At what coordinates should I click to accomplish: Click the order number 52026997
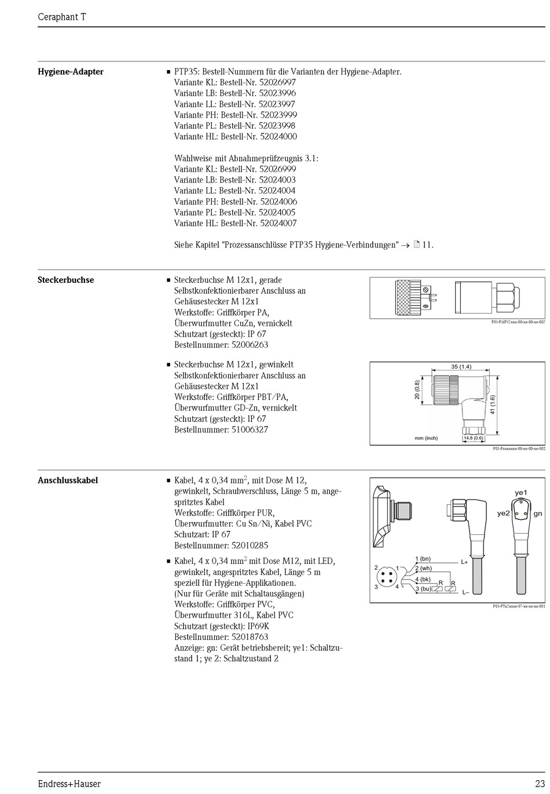tap(277, 82)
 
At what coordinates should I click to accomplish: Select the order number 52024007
tap(278, 223)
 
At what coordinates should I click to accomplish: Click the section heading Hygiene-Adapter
tap(71, 72)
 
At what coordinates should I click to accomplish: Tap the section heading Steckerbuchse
tap(66, 280)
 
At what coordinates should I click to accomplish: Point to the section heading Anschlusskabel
tap(68, 480)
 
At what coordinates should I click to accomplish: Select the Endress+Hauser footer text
tap(69, 784)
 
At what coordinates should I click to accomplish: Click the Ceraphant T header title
tap(62, 17)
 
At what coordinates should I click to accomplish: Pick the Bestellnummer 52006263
tap(250, 345)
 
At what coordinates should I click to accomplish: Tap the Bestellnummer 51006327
tap(250, 429)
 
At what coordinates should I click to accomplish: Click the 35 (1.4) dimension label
tap(461, 366)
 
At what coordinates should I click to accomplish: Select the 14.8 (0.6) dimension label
tap(474, 438)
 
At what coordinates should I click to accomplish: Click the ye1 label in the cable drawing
tap(521, 493)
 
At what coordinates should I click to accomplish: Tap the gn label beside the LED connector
tap(538, 513)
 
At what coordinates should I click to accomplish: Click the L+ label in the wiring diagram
tap(464, 562)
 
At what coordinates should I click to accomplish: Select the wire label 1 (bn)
tap(423, 559)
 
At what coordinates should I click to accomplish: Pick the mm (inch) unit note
tap(426, 438)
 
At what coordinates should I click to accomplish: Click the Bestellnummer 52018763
tap(250, 636)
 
